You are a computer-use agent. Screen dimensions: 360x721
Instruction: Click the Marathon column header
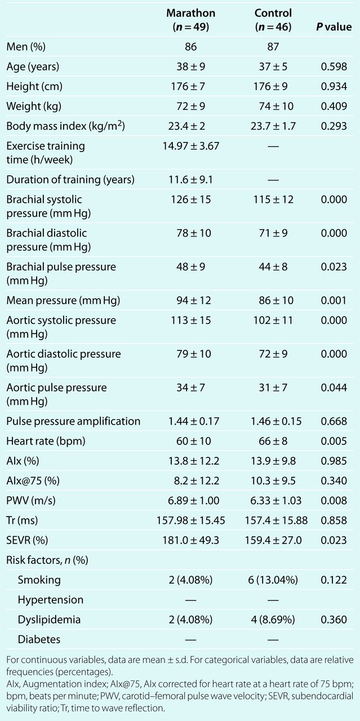pyautogui.click(x=190, y=20)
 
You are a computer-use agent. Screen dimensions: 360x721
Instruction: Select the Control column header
pyautogui.click(x=273, y=20)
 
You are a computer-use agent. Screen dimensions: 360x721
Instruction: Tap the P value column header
pyautogui.click(x=334, y=26)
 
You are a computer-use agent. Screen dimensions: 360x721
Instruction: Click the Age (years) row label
pyautogui.click(x=33, y=66)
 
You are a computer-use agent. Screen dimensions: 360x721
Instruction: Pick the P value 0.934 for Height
pyautogui.click(x=334, y=86)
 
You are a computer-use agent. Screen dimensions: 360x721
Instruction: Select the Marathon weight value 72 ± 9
pyautogui.click(x=190, y=106)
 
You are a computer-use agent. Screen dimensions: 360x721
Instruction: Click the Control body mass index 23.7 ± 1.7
pyautogui.click(x=273, y=126)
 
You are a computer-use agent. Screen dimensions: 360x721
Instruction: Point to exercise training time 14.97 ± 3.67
pyautogui.click(x=190, y=146)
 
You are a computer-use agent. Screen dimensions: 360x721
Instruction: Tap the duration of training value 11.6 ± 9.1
pyautogui.click(x=190, y=179)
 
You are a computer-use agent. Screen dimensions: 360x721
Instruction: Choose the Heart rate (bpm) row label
pyautogui.click(x=46, y=441)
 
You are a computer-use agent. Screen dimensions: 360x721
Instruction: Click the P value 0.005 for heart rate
pyautogui.click(x=334, y=441)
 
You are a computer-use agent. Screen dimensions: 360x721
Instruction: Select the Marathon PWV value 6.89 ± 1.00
pyautogui.click(x=194, y=501)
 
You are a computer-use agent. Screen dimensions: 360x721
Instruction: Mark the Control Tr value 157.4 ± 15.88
pyautogui.click(x=276, y=520)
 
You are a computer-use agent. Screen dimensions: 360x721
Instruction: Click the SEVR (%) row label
pyautogui.click(x=27, y=540)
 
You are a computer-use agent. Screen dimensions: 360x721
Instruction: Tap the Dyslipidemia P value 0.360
pyautogui.click(x=334, y=620)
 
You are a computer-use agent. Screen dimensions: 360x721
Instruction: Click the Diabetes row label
pyautogui.click(x=39, y=639)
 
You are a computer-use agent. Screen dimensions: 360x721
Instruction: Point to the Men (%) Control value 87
pyautogui.click(x=273, y=47)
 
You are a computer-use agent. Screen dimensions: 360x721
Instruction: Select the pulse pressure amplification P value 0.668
pyautogui.click(x=334, y=421)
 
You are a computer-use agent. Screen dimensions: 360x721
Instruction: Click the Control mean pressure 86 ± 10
pyautogui.click(x=276, y=300)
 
